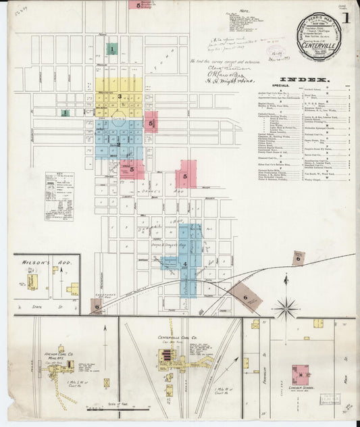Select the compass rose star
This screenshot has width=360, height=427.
286,307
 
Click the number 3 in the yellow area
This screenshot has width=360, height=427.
120,97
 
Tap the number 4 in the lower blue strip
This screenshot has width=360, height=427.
184,264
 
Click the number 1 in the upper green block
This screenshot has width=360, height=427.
111,49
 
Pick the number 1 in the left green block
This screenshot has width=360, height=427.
64,113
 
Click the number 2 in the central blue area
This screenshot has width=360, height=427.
119,144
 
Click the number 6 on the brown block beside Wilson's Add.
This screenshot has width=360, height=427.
97,306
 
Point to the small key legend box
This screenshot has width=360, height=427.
59,196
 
